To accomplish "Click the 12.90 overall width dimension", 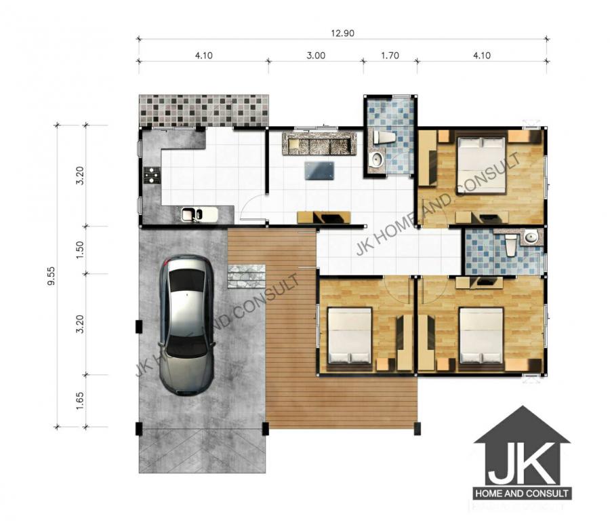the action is point(343,33).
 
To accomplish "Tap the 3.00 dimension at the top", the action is point(316,56).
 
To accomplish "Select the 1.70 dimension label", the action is point(390,56).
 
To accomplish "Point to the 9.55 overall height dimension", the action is point(51,276).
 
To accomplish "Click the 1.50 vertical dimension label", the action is point(80,250).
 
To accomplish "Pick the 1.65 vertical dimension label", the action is point(80,401).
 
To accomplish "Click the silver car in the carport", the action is point(187,325).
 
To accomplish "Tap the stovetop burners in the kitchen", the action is point(151,175).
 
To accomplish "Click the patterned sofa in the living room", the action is point(319,143).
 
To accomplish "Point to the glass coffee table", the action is point(319,171).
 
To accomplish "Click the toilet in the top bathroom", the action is point(384,138).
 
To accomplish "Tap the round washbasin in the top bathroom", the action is point(376,159).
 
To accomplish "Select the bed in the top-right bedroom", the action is point(481,165).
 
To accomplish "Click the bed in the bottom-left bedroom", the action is point(350,336).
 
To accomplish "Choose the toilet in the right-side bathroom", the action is point(511,244).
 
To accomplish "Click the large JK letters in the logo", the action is point(522,463).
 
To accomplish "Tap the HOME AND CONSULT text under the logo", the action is point(522,494).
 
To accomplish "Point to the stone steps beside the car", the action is point(246,276).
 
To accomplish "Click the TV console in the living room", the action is point(324,217).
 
